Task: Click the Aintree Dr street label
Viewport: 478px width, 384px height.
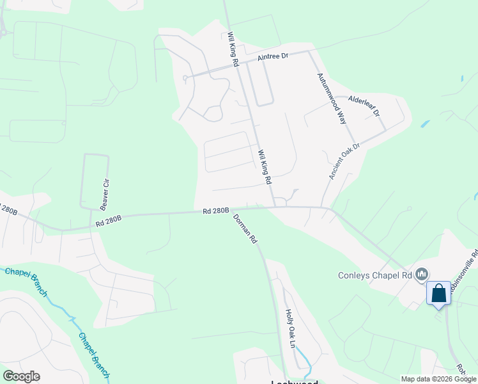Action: [274, 56]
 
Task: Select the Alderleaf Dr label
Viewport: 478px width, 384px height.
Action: [364, 106]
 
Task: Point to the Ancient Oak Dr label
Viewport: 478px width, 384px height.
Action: [344, 161]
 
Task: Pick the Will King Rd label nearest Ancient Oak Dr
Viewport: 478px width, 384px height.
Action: [265, 168]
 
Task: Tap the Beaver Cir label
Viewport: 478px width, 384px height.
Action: [105, 194]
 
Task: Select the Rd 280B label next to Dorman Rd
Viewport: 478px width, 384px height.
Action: [215, 211]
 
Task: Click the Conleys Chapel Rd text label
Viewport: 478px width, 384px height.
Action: [374, 276]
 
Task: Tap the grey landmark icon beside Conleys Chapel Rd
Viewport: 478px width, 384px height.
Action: [421, 275]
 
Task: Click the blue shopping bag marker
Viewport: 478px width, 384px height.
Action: [438, 294]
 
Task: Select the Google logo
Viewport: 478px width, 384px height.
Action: [21, 376]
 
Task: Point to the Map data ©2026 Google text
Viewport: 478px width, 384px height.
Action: [438, 379]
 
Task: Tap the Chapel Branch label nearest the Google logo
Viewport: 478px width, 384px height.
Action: [93, 352]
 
